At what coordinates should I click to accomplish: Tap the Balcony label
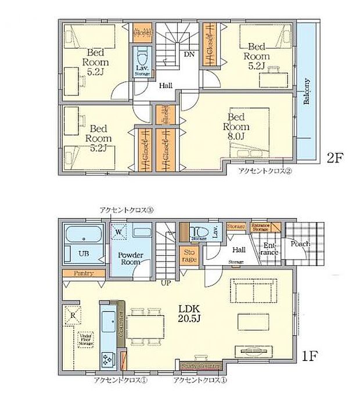[x=306, y=92]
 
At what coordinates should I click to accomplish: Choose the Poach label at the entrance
[x=300, y=244]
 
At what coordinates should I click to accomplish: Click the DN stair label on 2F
[x=190, y=55]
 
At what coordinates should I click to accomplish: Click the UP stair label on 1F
[x=166, y=283]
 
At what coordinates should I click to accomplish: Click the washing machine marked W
[x=118, y=232]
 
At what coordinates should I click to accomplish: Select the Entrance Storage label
[x=261, y=226]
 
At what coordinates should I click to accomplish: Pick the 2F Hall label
[x=166, y=85]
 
